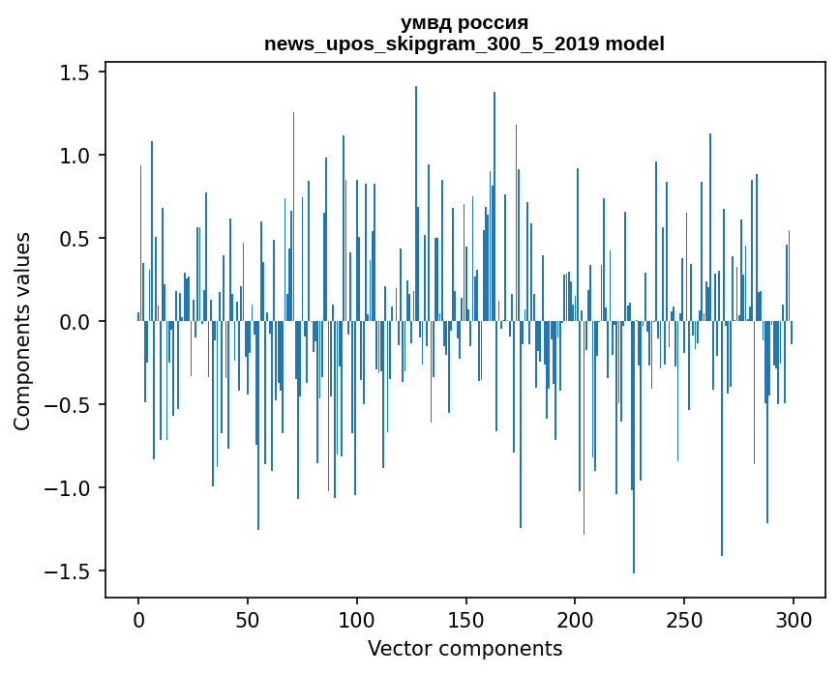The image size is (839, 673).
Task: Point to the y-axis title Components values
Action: pos(22,331)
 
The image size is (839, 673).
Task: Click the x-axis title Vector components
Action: pos(464,648)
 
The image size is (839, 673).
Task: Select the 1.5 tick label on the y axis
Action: pos(76,73)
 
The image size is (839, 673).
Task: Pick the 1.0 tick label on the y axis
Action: pos(76,156)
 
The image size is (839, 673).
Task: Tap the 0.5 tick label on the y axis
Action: pos(76,239)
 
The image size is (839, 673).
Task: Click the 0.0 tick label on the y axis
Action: pos(76,322)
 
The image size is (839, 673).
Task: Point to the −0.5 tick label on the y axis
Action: pos(70,405)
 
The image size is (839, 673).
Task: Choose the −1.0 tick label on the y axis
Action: pos(70,488)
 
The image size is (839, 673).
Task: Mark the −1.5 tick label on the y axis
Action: pos(70,571)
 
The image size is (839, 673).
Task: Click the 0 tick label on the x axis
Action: pos(138,619)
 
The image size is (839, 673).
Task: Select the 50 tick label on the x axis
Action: pos(248,619)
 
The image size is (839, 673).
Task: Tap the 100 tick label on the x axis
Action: pos(357,619)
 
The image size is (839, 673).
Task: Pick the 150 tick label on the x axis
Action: pos(465,619)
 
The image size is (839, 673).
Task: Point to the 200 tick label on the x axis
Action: pos(575,619)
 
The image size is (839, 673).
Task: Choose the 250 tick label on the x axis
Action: pos(684,619)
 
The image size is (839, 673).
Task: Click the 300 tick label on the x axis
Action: pos(794,619)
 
